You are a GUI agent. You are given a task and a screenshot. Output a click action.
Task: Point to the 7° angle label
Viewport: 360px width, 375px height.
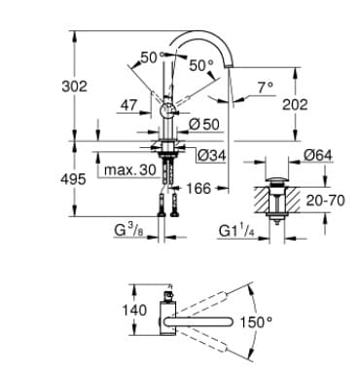(x=265, y=87)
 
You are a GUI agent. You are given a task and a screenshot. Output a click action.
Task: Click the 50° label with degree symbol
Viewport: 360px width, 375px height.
(x=200, y=65)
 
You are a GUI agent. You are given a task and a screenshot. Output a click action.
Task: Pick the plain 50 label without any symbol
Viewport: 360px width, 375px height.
(x=149, y=57)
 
